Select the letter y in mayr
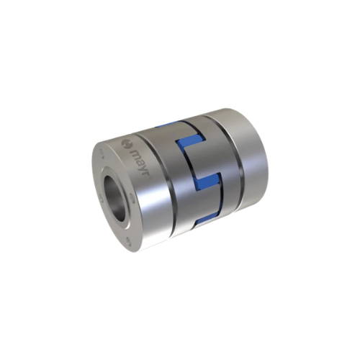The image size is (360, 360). coord(141,168)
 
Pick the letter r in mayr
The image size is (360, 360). coord(143,174)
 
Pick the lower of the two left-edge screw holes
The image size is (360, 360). coord(101,199)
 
